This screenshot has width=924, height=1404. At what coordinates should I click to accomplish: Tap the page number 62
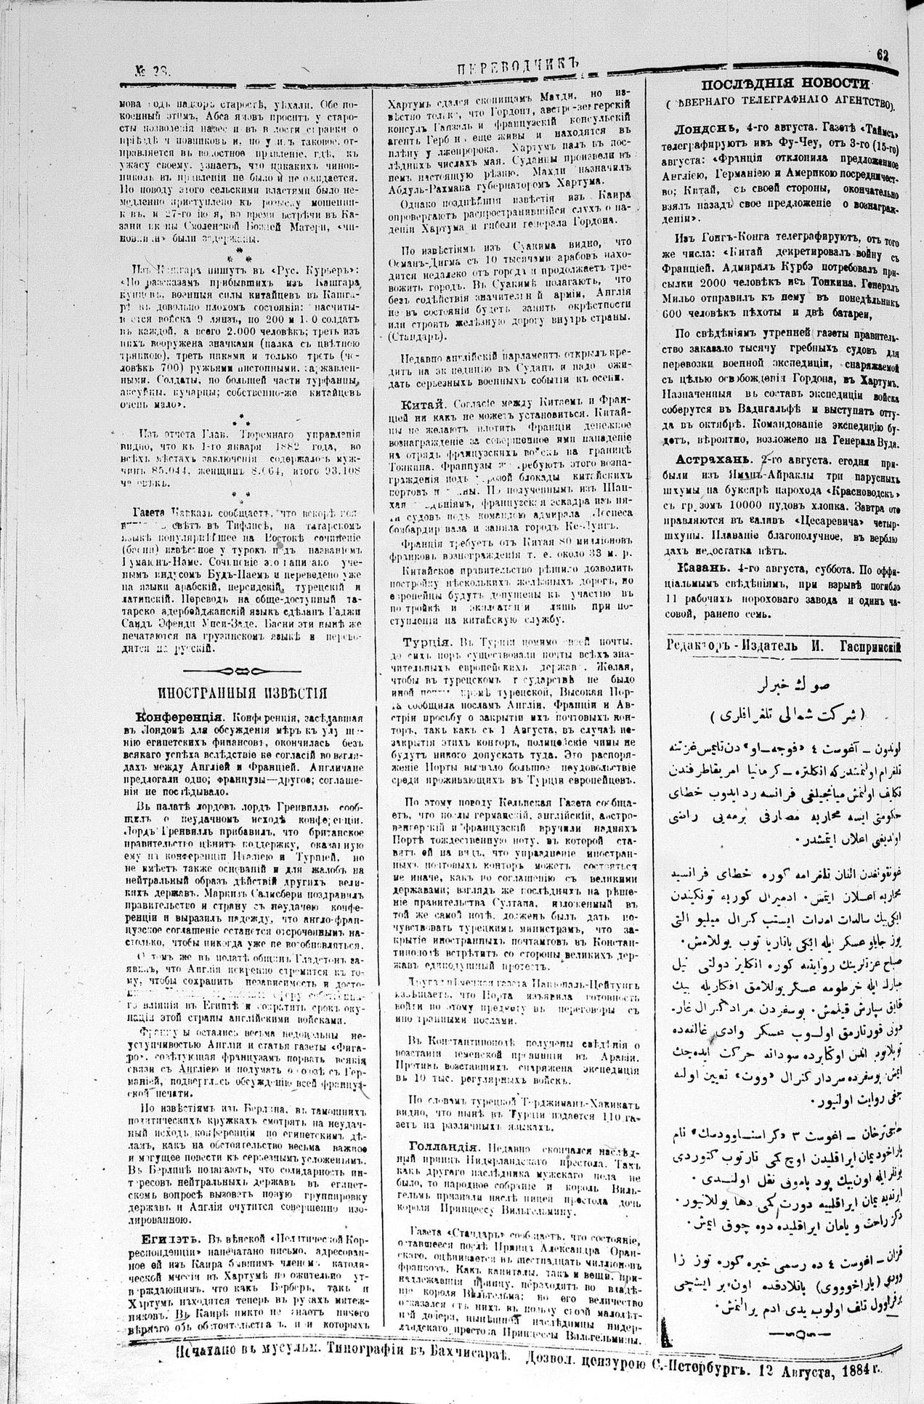click(x=883, y=55)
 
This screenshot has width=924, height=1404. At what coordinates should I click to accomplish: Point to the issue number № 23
click(x=153, y=70)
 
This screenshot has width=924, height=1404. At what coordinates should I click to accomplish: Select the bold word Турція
click(x=428, y=642)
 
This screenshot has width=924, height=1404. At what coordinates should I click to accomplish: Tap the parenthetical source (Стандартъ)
click(x=415, y=339)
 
